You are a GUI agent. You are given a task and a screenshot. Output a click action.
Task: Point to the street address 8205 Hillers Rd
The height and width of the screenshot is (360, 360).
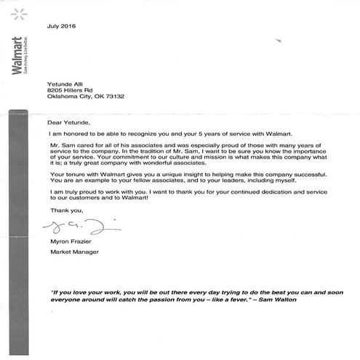pyautogui.click(x=68, y=89)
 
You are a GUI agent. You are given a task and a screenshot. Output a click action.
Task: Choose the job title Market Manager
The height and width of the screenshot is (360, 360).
pyautogui.click(x=72, y=251)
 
